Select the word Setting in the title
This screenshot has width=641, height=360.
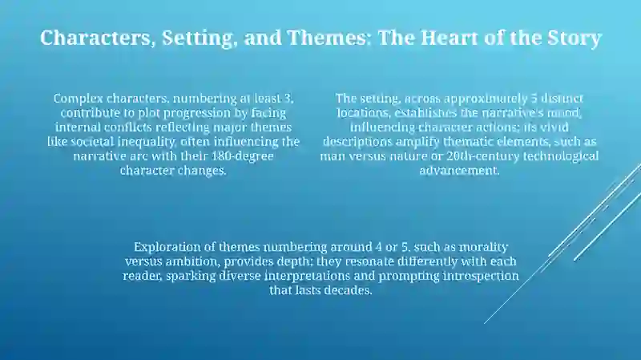tap(200, 38)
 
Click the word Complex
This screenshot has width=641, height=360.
tap(78, 99)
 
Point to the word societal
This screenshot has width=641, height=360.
tap(92, 142)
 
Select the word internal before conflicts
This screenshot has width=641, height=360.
tap(78, 127)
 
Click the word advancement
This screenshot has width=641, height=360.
tap(459, 171)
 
